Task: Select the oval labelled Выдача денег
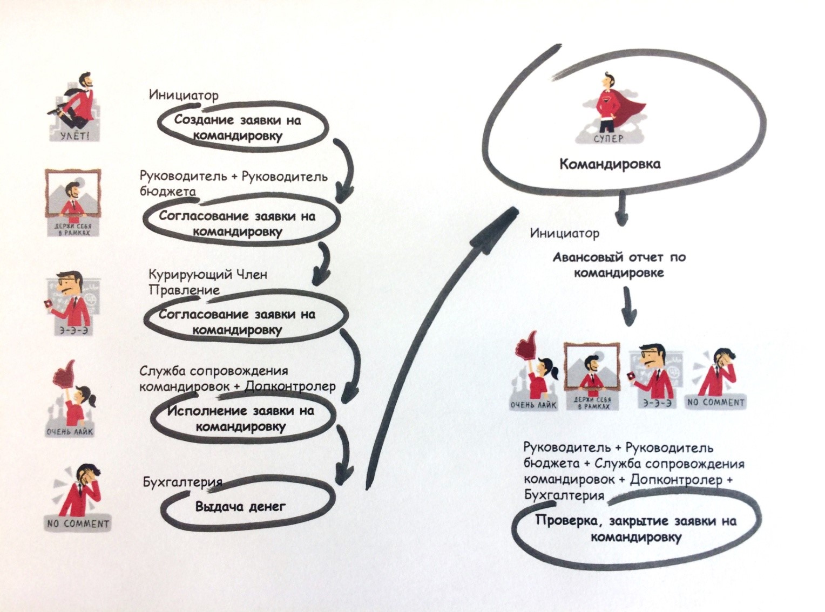point(240,507)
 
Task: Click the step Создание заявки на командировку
point(238,127)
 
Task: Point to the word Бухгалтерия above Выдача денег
point(182,482)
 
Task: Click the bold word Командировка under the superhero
point(610,164)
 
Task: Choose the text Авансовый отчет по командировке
point(619,264)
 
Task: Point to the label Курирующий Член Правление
point(207,282)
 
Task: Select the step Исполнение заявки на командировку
point(240,418)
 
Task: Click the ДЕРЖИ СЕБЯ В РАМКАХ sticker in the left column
point(73,202)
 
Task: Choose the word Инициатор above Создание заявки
point(184,95)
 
